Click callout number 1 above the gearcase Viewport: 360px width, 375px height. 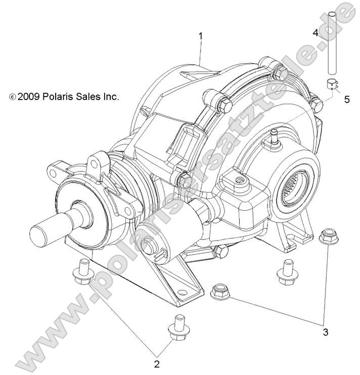click(x=201, y=36)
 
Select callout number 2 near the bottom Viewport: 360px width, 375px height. click(x=157, y=363)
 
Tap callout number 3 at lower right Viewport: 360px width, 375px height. click(x=326, y=332)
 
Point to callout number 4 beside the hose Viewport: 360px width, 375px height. click(x=316, y=33)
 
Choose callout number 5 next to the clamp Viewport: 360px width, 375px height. click(x=347, y=99)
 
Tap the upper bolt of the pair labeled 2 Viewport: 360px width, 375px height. click(x=83, y=271)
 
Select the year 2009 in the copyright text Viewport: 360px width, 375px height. click(x=29, y=97)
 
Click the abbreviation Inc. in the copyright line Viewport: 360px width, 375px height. click(x=111, y=97)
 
